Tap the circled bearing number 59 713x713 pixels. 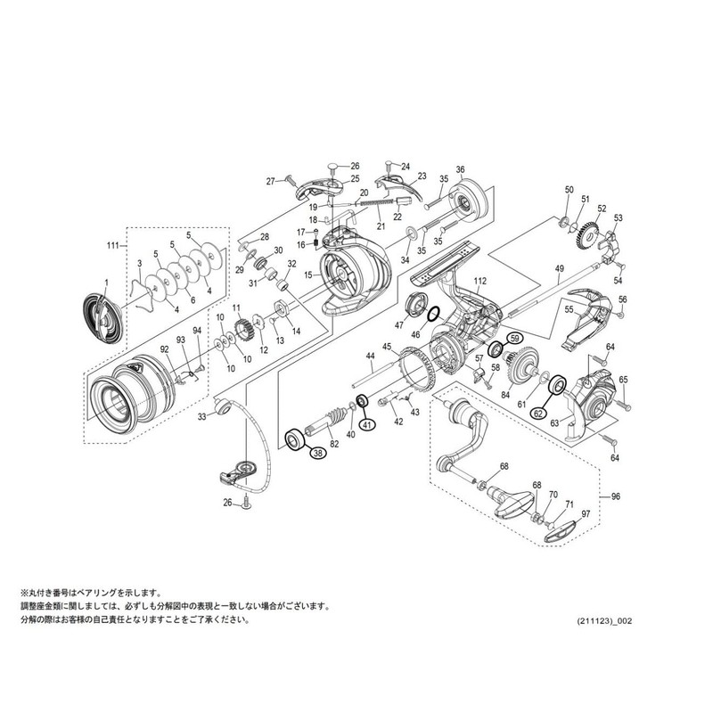tap(513, 339)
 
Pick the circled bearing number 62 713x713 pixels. tap(538, 413)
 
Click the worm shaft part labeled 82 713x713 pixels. tap(330, 420)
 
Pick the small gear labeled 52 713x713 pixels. tap(585, 236)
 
